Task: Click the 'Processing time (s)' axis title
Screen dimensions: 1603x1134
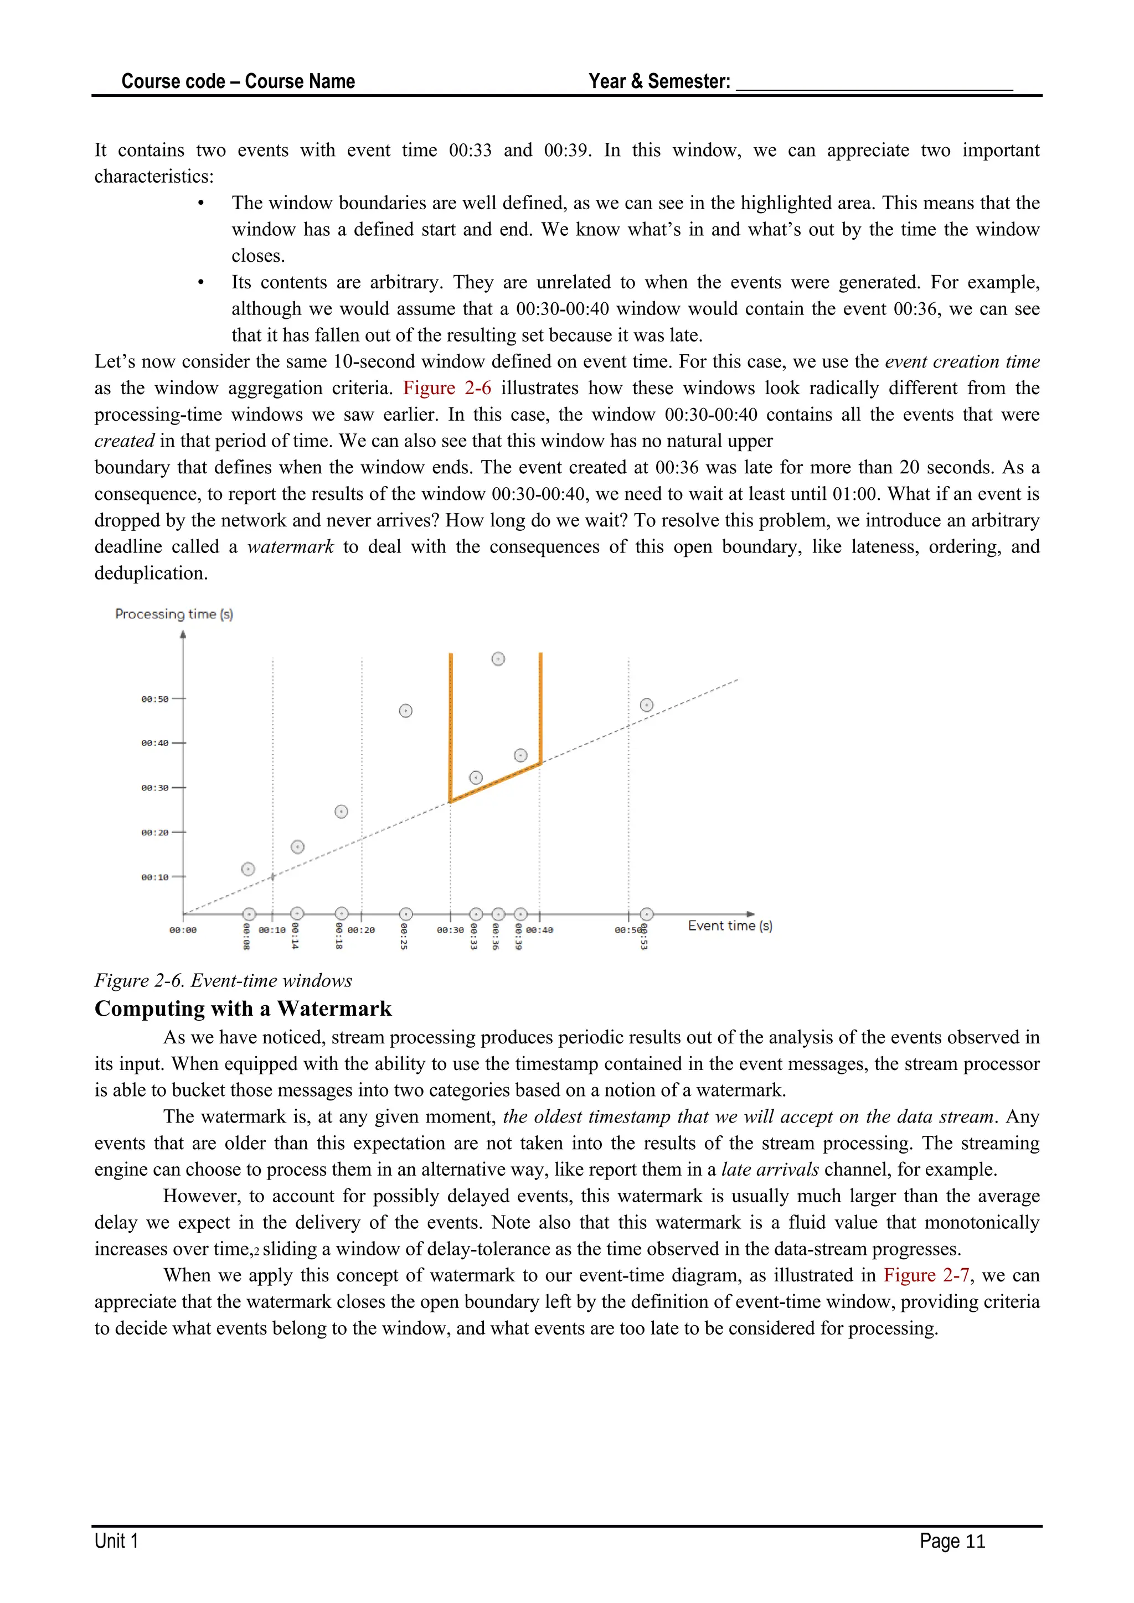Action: pos(174,614)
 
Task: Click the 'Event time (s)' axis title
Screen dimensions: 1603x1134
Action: pos(730,926)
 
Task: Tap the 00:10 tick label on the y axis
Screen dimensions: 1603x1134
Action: pos(155,877)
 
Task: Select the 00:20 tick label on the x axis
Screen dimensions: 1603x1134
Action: pos(361,930)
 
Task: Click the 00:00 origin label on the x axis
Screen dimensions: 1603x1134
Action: pos(183,930)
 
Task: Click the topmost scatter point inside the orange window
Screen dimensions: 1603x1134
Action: pos(498,659)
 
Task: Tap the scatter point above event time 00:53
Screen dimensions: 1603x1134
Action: pos(647,705)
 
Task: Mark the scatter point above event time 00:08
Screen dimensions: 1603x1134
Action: pos(248,869)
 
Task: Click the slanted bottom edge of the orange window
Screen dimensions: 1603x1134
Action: pos(495,783)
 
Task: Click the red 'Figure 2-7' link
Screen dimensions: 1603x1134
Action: pos(926,1275)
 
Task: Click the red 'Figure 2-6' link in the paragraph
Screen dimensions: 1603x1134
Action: pos(447,388)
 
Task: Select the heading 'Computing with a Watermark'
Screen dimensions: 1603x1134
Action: pos(243,1009)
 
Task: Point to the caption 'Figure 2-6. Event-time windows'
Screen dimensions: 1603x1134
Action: pos(224,981)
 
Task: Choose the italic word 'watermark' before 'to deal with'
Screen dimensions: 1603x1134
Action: pos(291,547)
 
